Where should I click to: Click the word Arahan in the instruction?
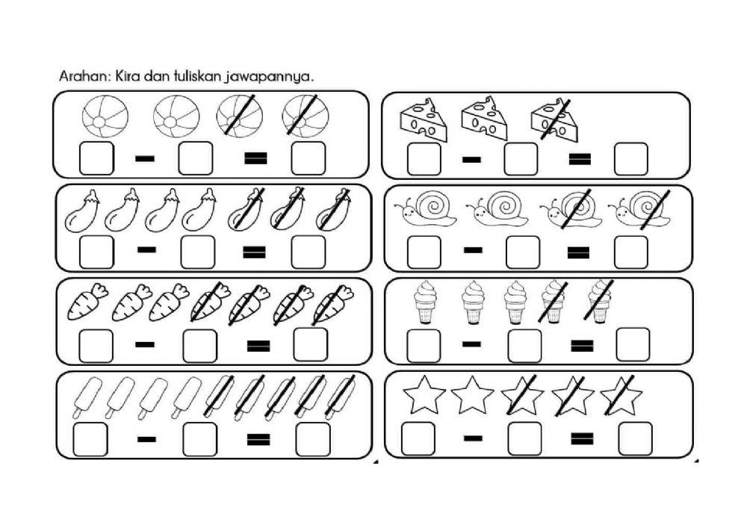click(x=79, y=76)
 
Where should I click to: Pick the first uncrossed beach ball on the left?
click(x=105, y=118)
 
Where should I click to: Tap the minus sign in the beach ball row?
click(x=146, y=158)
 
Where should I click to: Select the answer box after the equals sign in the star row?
click(x=635, y=438)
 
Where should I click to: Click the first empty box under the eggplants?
click(x=96, y=252)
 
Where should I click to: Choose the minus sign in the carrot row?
click(x=146, y=345)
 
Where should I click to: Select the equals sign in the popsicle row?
click(x=257, y=438)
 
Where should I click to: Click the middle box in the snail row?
click(x=522, y=252)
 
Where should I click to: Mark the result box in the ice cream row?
click(x=633, y=344)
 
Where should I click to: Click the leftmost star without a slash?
click(x=424, y=397)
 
